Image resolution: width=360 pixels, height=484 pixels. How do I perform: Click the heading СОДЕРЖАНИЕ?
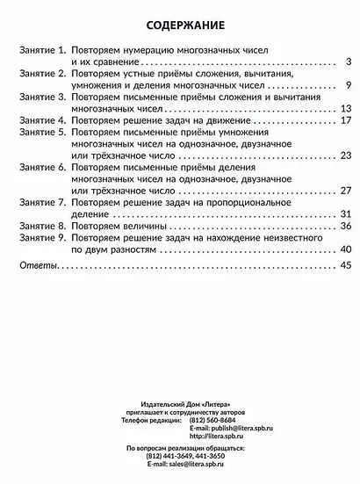pos(179,25)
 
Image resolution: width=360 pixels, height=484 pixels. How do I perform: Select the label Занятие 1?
pos(42,54)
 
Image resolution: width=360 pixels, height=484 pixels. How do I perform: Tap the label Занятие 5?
pos(42,134)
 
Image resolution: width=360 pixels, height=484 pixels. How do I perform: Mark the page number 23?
pos(345,156)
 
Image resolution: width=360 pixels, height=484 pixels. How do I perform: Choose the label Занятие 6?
pos(42,168)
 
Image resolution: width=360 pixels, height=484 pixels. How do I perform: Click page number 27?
pos(345,191)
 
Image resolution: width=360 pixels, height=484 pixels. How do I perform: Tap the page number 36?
pos(345,226)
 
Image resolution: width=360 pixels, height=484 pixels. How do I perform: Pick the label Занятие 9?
pos(42,237)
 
